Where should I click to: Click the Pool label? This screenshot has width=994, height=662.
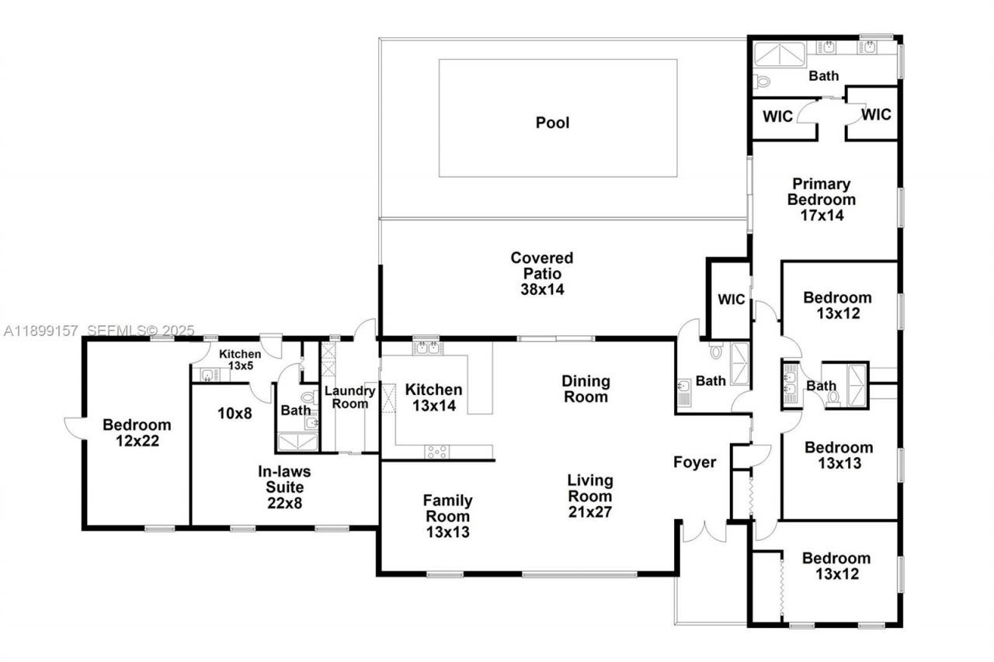[x=552, y=123]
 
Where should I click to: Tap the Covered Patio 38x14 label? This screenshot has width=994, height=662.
[x=541, y=273]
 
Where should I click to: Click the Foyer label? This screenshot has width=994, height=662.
[x=694, y=463]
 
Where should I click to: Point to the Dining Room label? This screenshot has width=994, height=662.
[x=586, y=389]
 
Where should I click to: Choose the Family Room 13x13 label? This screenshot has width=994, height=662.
[x=447, y=516]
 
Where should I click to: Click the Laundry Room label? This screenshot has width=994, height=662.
[x=349, y=397]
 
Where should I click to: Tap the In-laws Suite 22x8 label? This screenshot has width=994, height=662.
[x=280, y=486]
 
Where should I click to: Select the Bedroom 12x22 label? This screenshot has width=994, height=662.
[x=137, y=433]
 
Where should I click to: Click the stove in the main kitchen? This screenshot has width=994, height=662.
[x=436, y=451]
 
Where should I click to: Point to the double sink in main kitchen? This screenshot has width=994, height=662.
[x=427, y=348]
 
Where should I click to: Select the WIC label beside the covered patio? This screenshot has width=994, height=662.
[x=731, y=300]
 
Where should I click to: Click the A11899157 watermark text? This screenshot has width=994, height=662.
[x=40, y=331]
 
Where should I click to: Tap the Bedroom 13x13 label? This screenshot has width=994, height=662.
[x=838, y=455]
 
